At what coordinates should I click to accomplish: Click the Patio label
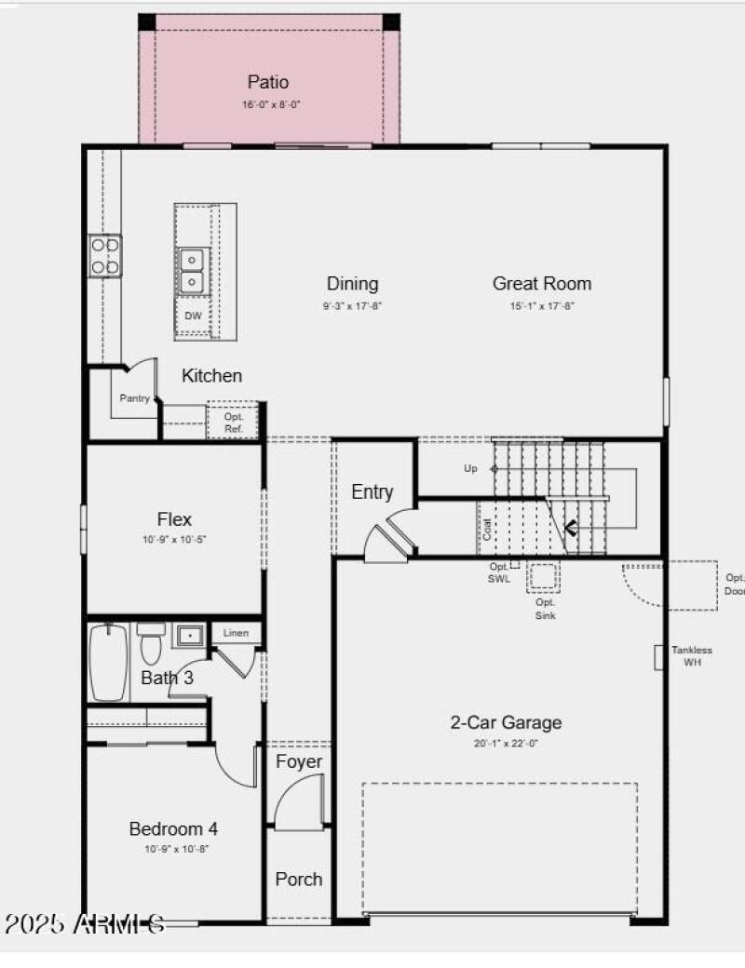coord(268,83)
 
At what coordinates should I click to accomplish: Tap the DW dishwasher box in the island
coord(194,316)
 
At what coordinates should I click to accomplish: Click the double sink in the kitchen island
coord(193,269)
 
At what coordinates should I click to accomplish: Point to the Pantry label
coord(134,398)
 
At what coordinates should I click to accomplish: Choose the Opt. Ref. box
coord(233,423)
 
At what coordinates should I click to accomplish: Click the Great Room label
coord(541,284)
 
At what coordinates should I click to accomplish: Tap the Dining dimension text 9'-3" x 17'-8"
coord(353,305)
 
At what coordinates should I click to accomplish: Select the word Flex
coord(174,519)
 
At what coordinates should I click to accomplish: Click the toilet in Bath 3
coord(150,639)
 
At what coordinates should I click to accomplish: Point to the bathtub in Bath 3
coord(108,663)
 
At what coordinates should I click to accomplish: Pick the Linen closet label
coord(237,634)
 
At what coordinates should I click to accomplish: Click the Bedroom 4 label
coord(173,828)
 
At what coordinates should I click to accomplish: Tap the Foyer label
coord(299,762)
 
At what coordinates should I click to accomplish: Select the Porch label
coord(299,879)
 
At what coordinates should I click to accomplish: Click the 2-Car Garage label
coord(506,722)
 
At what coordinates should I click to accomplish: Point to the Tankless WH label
coord(692,655)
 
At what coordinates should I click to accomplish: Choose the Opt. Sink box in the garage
coord(545,579)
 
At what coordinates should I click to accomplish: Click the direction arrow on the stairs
coord(571,530)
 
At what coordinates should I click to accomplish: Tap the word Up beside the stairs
coord(470,468)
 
